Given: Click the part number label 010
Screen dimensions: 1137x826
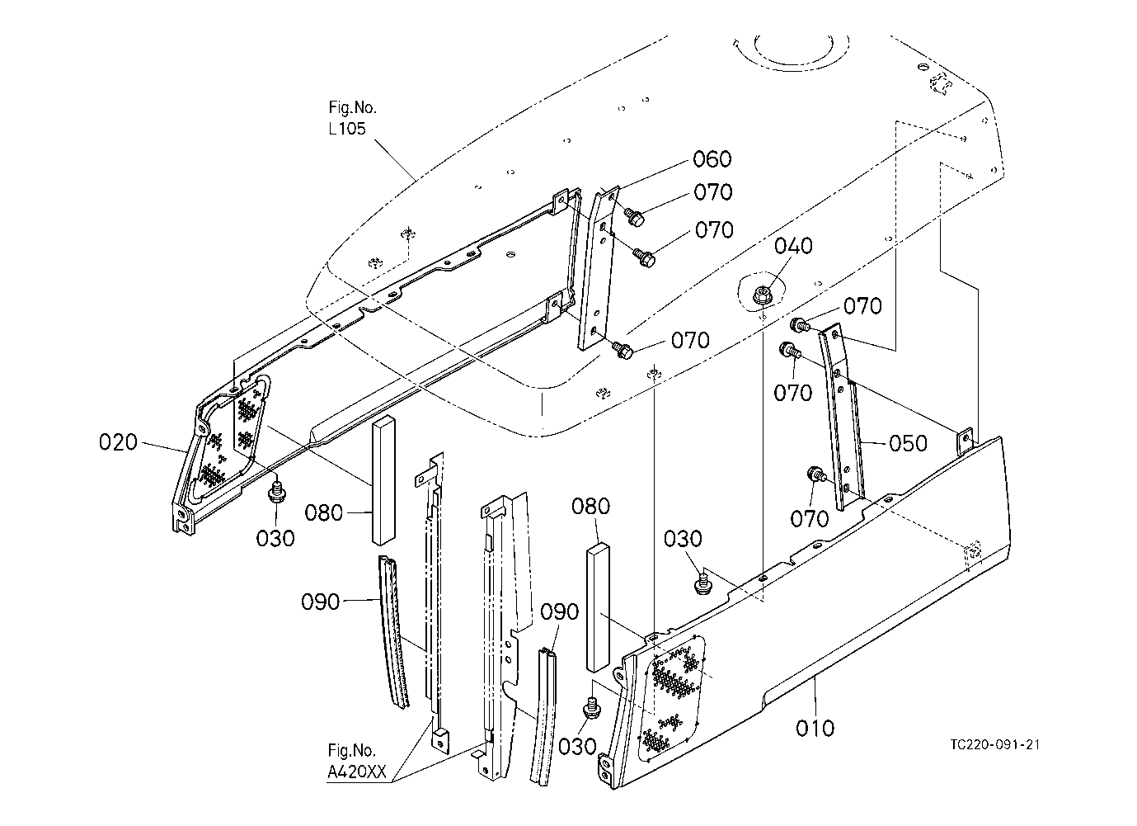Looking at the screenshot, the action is tap(815, 729).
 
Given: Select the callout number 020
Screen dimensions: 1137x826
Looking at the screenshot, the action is tap(118, 442).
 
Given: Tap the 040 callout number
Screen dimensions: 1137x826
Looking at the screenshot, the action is tap(793, 246).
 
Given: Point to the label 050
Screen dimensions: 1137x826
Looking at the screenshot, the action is tap(908, 443).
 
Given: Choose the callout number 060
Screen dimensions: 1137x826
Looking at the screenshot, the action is tap(712, 159).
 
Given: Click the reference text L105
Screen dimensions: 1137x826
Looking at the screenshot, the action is tap(347, 129).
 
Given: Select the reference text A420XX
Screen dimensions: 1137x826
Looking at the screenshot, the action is tap(357, 772).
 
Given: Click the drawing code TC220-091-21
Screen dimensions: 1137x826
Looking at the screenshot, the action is tap(995, 745).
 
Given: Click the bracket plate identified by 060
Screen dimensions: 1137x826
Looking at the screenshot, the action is tap(599, 268).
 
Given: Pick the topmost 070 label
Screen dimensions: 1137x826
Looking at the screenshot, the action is tap(713, 192).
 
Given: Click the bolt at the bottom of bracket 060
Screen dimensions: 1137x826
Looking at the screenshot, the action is tap(623, 349).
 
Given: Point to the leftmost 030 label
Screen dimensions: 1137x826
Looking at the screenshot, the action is tap(275, 539).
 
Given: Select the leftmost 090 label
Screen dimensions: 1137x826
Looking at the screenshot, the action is tap(320, 602).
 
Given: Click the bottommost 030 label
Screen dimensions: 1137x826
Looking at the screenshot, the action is tap(577, 747).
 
